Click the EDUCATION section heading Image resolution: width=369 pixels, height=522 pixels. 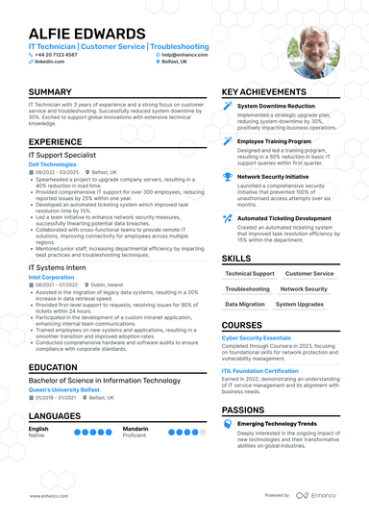tap(53, 367)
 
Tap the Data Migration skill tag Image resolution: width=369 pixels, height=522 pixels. tap(246, 304)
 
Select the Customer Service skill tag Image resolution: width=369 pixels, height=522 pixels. tap(309, 274)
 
